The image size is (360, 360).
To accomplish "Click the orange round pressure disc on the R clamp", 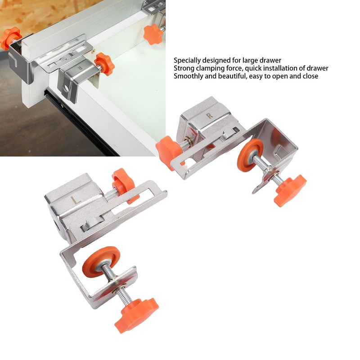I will click(250, 155).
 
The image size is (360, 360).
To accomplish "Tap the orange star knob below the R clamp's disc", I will click(289, 189).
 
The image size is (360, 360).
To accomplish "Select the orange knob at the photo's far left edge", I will click(10, 38).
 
